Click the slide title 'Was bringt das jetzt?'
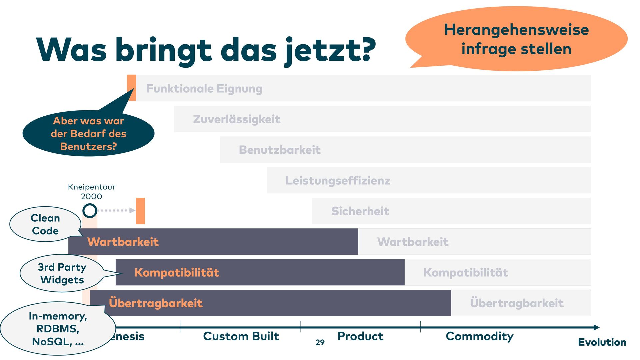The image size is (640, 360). coord(206,50)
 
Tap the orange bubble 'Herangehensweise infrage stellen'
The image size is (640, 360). coord(516,39)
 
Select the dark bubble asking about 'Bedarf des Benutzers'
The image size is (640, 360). coord(88,133)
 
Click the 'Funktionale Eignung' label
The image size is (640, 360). coord(204,89)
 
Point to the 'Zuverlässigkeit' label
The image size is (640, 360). coord(236,119)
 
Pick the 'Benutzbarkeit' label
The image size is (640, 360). coord(279,150)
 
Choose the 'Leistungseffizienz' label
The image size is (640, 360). coord(338,181)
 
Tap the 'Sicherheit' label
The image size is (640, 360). coord(360,211)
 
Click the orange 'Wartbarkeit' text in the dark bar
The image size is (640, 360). coord(123,242)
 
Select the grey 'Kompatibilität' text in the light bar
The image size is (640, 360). coord(466,273)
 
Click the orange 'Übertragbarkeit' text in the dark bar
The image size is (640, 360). coord(156,303)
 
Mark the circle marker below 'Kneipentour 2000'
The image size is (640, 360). coord(90,211)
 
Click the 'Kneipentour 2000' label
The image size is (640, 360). coord(92,192)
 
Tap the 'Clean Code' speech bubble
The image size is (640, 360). coord(45,224)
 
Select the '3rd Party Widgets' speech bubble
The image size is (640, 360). coord(62,273)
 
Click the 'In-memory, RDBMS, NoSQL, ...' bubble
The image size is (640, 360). coord(58,329)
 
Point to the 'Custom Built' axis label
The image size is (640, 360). coord(241,336)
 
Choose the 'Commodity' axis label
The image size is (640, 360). coord(479,336)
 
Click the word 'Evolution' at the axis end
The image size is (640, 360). coord(602,342)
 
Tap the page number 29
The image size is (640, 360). coord(320,342)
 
